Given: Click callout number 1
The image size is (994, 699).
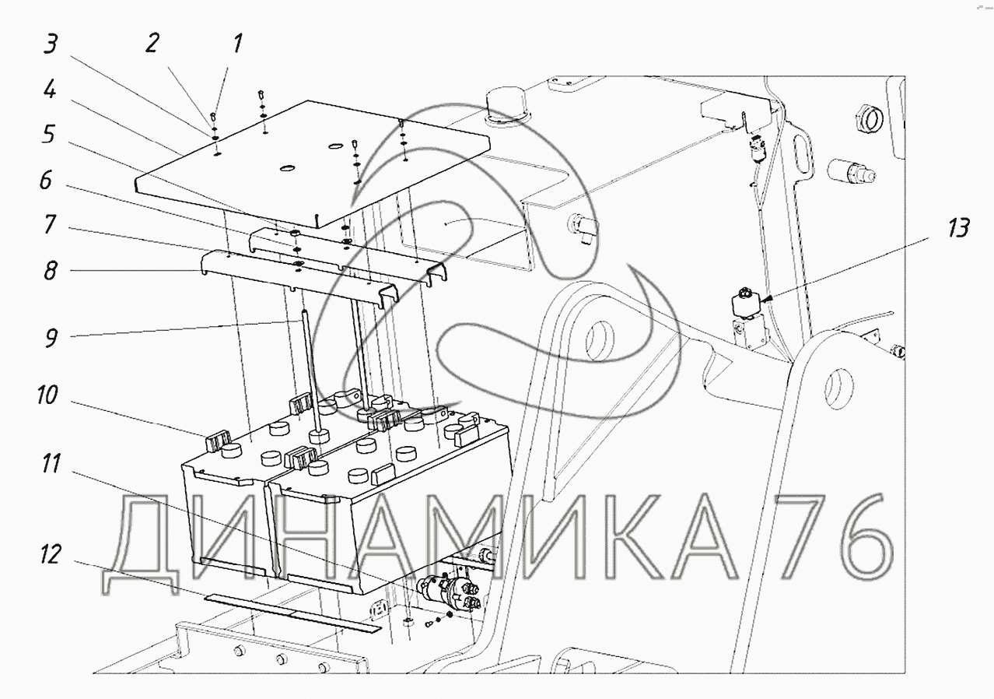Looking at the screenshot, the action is click(237, 44).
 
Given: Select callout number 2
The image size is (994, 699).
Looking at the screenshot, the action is click(152, 44).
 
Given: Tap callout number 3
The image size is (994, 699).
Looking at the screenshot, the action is click(51, 44).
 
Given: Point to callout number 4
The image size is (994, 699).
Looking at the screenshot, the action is click(50, 90).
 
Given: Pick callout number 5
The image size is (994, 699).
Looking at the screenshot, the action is click(48, 134).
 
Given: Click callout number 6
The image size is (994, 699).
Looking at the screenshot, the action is click(46, 180).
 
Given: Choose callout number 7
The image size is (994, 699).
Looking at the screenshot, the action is click(50, 224).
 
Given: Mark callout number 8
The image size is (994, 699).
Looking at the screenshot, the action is click(50, 271).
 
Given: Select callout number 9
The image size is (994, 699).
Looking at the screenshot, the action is click(51, 338).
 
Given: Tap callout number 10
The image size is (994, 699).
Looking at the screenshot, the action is click(47, 395).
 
